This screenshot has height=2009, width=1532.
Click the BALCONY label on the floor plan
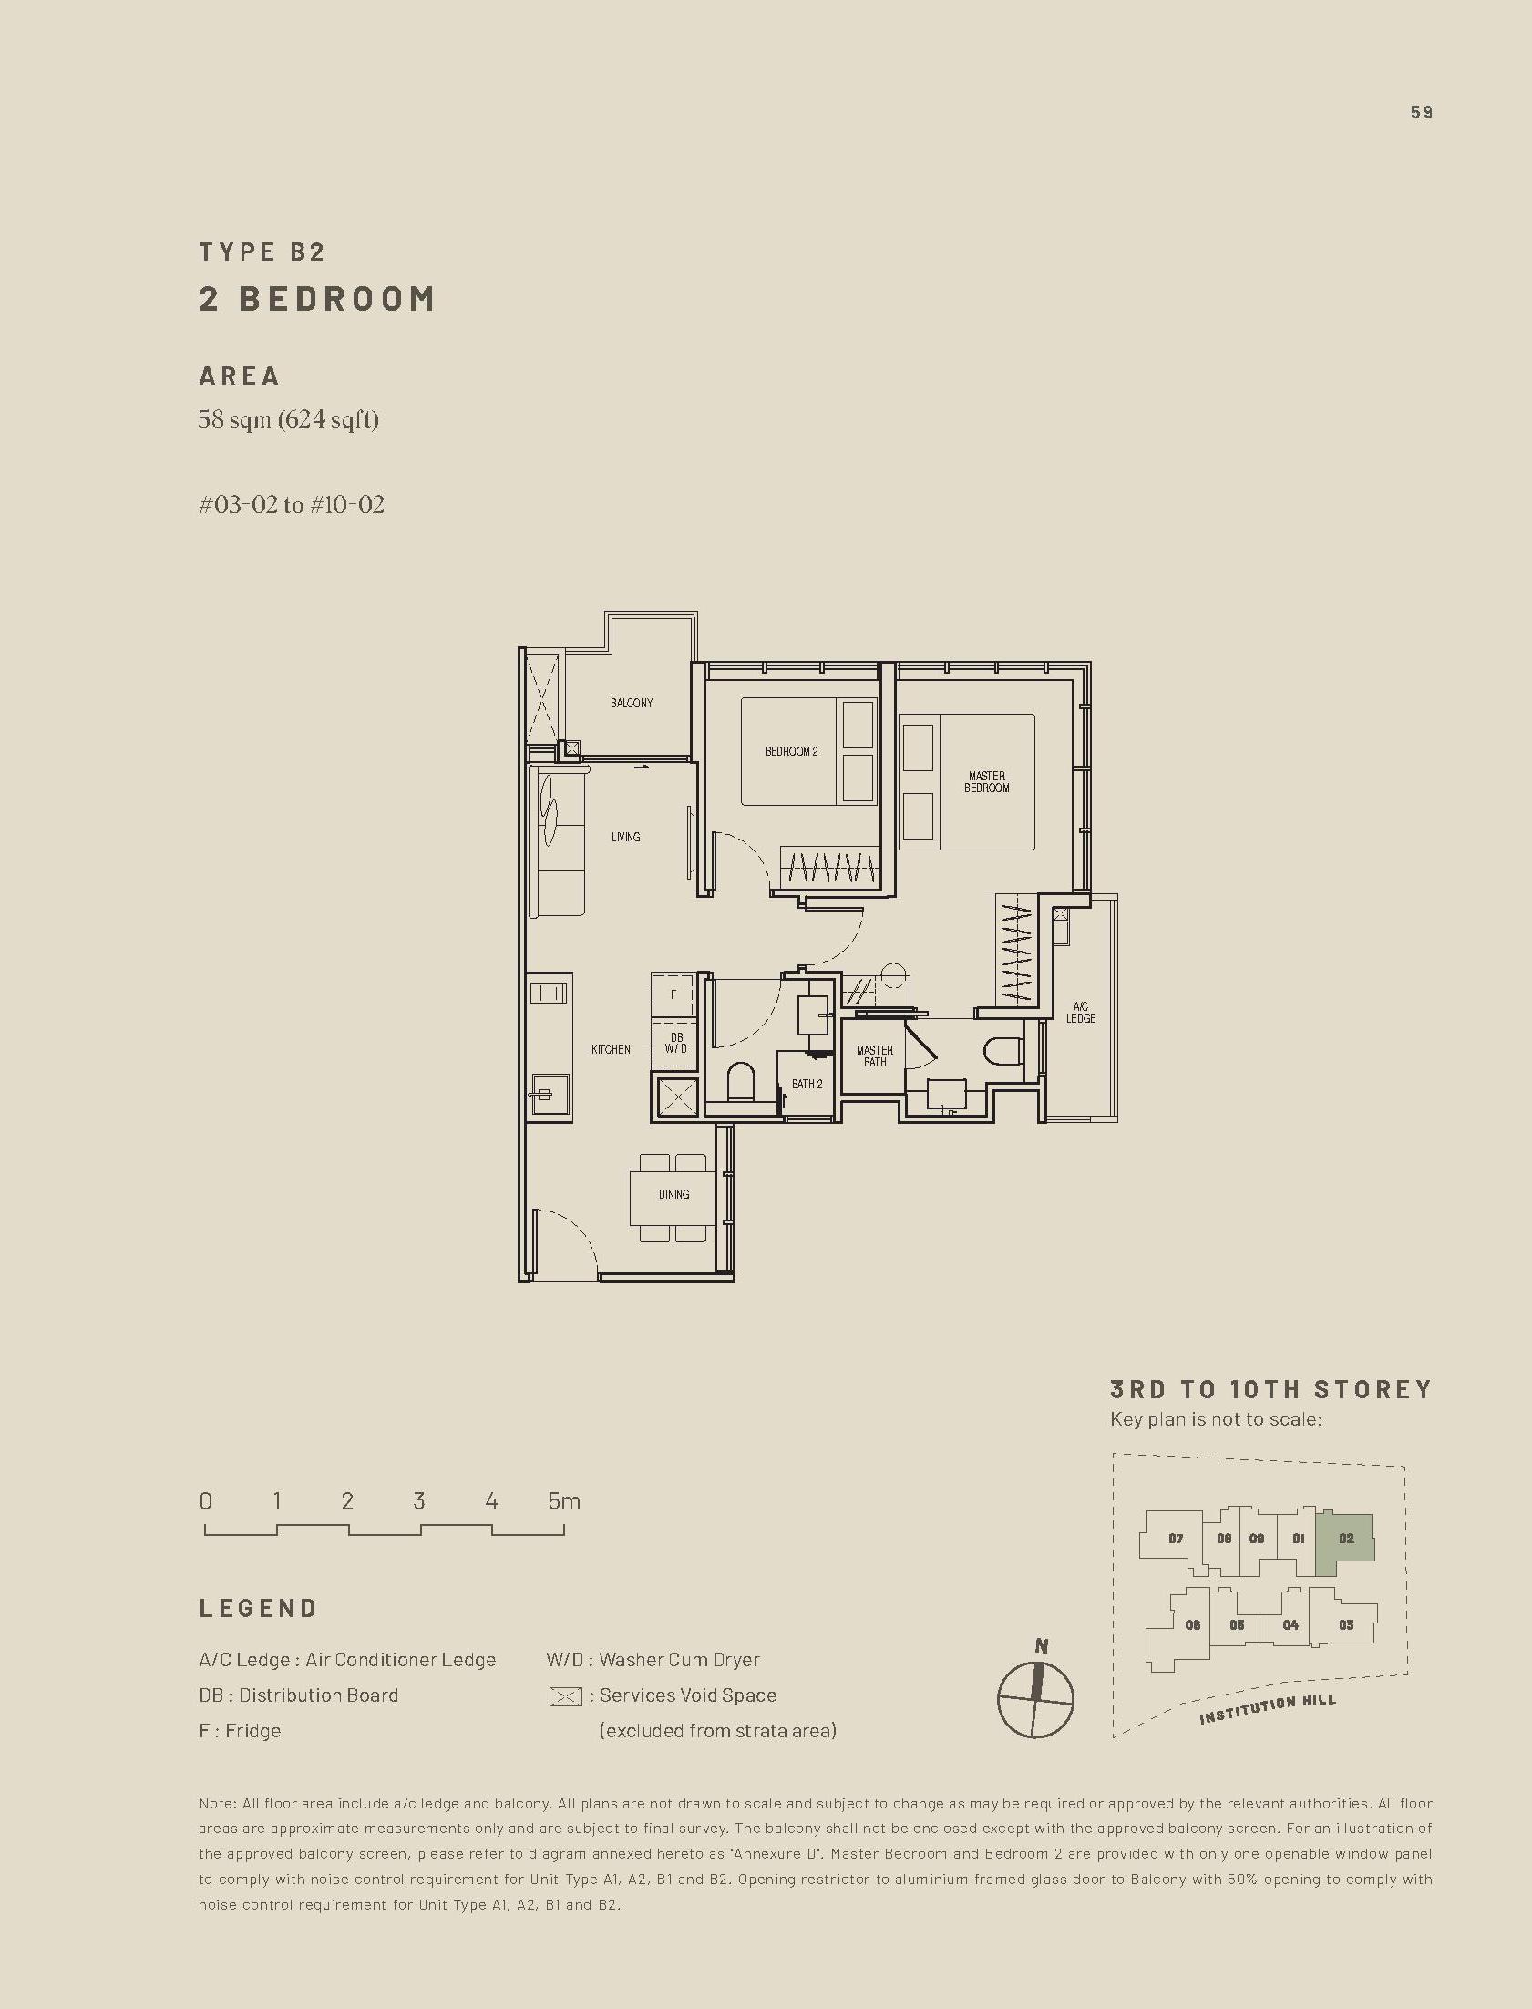point(631,703)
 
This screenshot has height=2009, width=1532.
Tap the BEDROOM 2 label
point(791,751)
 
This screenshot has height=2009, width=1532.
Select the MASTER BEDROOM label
point(987,781)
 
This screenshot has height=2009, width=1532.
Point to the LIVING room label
point(625,836)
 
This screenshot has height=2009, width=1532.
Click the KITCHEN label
point(610,1050)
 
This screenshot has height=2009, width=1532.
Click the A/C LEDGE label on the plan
point(1081,1013)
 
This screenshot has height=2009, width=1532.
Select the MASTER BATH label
point(875,1056)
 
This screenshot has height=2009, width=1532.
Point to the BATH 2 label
point(807,1085)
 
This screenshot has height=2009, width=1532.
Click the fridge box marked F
point(673,994)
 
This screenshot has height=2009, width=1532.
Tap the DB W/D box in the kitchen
point(675,1044)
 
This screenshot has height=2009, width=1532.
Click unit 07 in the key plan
point(1176,1539)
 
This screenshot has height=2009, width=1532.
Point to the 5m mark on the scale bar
point(563,1501)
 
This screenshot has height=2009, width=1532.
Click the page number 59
point(1421,112)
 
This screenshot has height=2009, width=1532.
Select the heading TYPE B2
point(262,252)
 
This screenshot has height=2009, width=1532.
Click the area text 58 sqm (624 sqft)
point(288,419)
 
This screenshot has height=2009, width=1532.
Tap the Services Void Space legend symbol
point(565,1696)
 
